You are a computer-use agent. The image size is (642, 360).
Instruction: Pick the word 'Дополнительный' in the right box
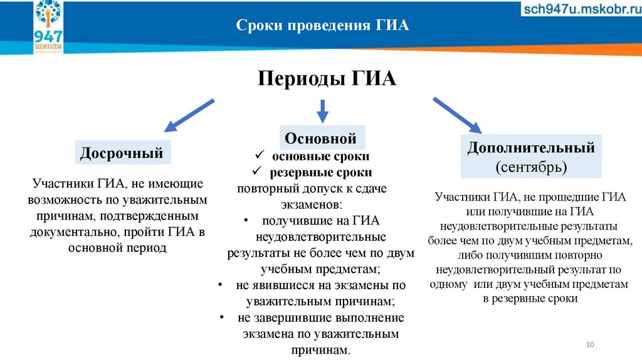point(531,149)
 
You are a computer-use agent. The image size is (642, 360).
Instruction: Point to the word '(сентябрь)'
point(531,167)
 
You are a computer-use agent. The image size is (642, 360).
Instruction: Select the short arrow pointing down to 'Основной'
point(322,111)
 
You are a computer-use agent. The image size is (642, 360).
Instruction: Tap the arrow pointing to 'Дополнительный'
point(456,114)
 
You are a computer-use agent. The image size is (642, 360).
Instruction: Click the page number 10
point(589,345)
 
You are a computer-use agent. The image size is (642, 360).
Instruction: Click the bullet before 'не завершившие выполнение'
point(223,317)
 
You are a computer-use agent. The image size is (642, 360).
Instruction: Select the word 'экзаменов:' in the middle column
point(312,204)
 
